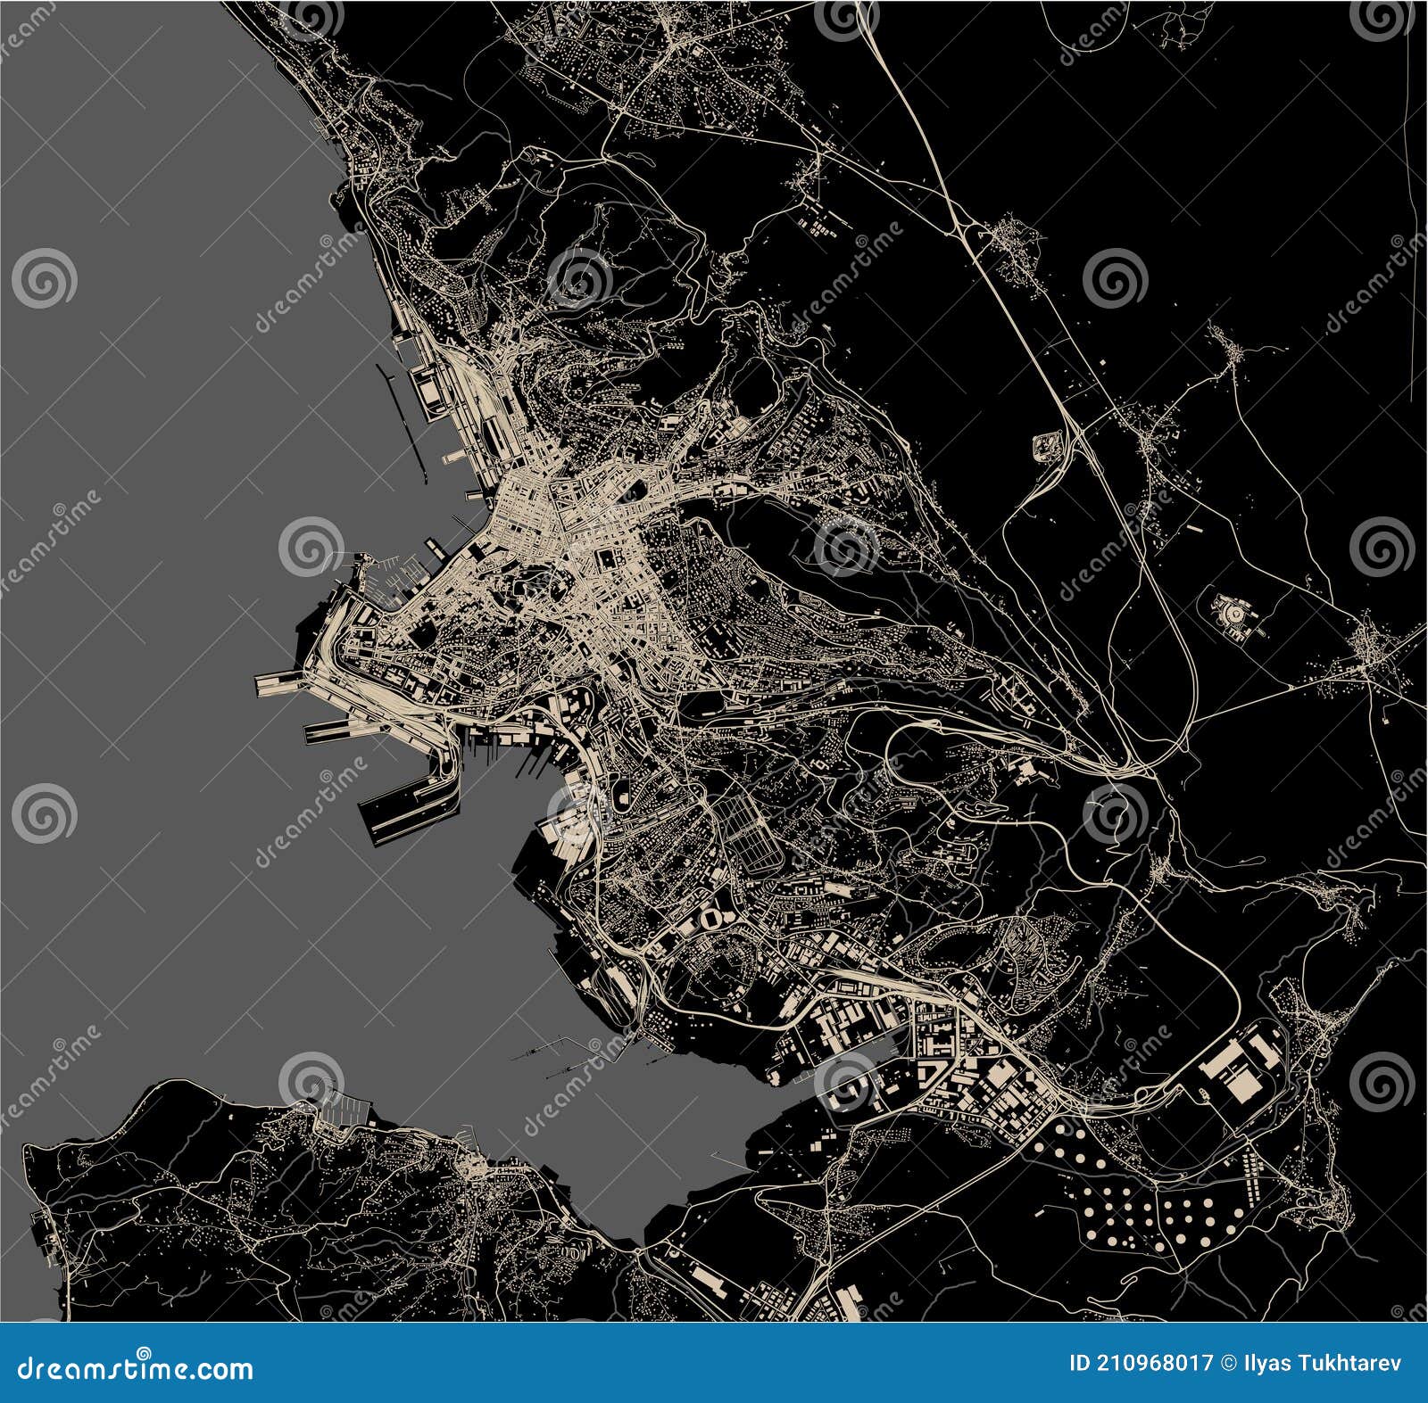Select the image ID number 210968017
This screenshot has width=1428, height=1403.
1161,1364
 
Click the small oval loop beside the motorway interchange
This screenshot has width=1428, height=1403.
1046,445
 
